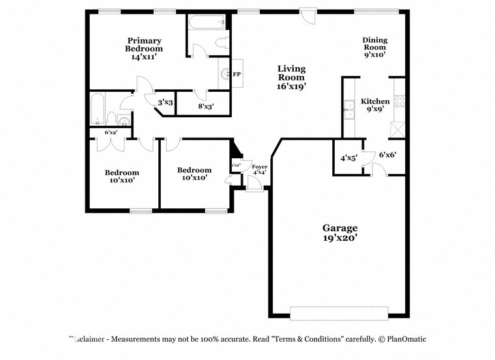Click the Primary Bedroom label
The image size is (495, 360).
pos(144,48)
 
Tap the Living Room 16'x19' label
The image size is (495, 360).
pos(291,77)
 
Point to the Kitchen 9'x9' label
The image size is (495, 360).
pos(376,105)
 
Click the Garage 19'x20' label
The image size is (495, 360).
pos(340,233)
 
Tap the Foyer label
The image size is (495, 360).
pos(259,169)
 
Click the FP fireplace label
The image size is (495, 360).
pos(237,74)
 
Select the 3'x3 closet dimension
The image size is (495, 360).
pos(165,103)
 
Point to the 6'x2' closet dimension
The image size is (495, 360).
pos(111,132)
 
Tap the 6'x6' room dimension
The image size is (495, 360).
pos(388,155)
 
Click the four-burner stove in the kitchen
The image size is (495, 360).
pos(399,101)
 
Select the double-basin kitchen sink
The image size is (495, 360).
pos(348,110)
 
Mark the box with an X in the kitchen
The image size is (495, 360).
pos(397,129)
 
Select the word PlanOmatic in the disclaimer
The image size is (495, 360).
pos(407,339)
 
